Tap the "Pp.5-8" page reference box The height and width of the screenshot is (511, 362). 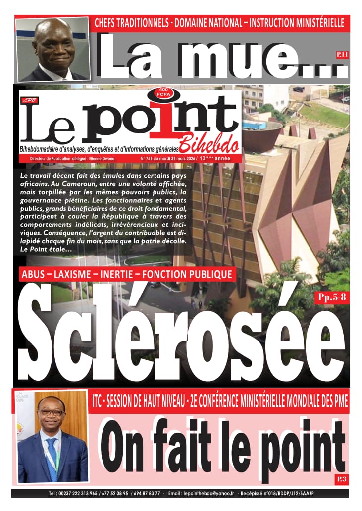point(331,297)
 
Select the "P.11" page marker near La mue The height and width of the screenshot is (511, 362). point(342,55)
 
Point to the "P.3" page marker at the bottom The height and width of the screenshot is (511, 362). point(341,478)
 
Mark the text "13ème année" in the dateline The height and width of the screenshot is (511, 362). point(214,158)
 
